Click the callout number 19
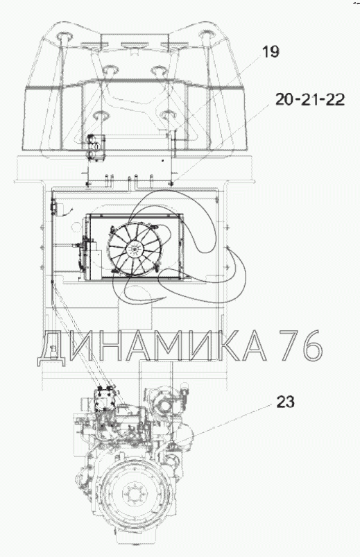pyautogui.click(x=271, y=52)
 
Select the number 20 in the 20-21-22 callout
pyautogui.click(x=284, y=99)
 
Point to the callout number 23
pyautogui.click(x=285, y=402)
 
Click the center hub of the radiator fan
pyautogui.click(x=135, y=250)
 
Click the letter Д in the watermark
pyautogui.click(x=51, y=345)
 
